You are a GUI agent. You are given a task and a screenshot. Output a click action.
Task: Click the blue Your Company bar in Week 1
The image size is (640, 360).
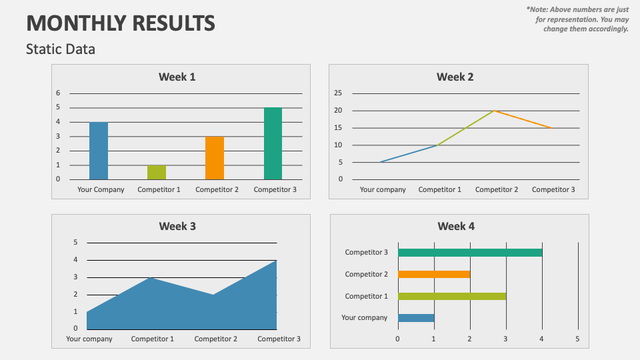99,151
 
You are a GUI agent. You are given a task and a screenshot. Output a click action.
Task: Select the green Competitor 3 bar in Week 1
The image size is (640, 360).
273,143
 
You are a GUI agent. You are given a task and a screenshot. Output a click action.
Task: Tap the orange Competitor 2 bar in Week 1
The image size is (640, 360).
215,158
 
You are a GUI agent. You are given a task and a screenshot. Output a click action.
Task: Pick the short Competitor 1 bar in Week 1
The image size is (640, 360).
157,172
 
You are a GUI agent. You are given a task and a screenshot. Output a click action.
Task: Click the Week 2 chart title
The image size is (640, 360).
455,77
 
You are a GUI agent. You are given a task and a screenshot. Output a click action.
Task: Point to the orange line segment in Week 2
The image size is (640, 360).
523,119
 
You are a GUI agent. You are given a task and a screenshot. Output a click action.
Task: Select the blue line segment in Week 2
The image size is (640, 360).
409,154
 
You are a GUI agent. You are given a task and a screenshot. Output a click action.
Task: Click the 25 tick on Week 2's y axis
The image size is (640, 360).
338,93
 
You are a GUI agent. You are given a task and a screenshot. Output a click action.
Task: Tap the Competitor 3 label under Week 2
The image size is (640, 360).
553,189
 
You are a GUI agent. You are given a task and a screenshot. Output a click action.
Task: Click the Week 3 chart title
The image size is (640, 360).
177,226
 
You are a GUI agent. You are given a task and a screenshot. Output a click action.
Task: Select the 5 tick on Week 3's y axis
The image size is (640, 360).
75,243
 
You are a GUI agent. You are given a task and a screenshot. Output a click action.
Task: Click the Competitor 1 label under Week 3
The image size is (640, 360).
153,339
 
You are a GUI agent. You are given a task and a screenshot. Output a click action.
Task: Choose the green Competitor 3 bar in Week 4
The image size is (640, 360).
470,253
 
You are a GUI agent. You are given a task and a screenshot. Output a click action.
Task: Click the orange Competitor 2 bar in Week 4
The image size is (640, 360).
434,274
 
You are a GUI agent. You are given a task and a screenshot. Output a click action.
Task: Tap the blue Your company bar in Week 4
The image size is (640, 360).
416,318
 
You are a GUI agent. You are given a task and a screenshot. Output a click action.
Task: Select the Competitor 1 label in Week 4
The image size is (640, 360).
366,296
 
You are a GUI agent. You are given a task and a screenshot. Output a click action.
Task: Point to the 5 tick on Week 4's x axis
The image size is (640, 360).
578,339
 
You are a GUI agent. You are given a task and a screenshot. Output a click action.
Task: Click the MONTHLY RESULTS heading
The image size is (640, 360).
121,23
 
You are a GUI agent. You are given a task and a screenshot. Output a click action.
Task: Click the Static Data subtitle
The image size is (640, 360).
61,49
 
